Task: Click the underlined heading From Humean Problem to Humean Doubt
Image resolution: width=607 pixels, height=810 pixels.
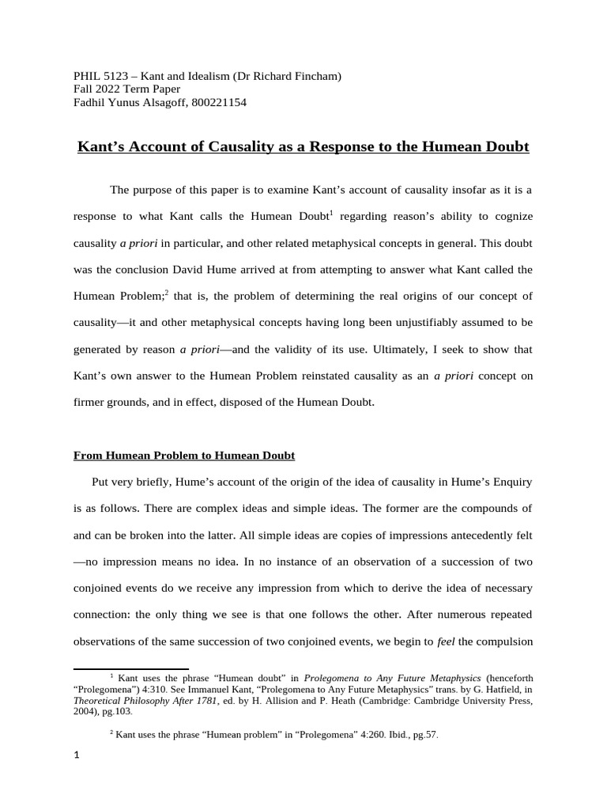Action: click(x=184, y=455)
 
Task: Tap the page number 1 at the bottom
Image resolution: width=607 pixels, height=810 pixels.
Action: click(x=77, y=756)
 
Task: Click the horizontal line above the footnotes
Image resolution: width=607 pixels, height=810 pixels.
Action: click(x=131, y=669)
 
